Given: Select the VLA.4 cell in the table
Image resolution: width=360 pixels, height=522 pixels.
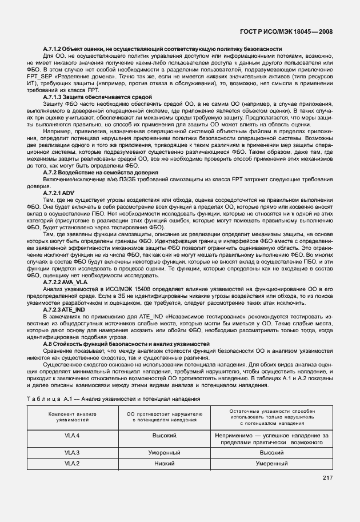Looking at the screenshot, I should [72, 436].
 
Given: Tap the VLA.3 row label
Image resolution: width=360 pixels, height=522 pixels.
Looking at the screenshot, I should [72, 452].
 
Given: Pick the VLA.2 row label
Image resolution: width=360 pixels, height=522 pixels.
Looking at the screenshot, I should [72, 463].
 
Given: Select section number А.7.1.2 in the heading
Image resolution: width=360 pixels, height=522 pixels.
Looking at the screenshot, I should [56, 50].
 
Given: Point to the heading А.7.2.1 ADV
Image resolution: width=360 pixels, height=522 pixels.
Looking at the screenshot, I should [59, 192].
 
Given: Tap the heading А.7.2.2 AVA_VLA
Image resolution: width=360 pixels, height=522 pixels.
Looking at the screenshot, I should [66, 282].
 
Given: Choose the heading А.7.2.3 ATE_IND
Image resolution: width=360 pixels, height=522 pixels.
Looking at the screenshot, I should [65, 309].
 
